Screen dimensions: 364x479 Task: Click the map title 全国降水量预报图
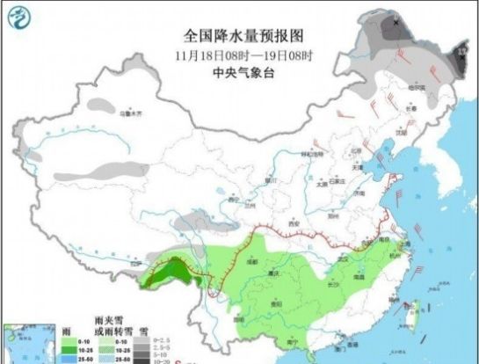243,36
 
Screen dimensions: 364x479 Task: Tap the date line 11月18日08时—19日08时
243,56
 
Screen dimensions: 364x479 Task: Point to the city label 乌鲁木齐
130,112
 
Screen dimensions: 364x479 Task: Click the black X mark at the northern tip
396,22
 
